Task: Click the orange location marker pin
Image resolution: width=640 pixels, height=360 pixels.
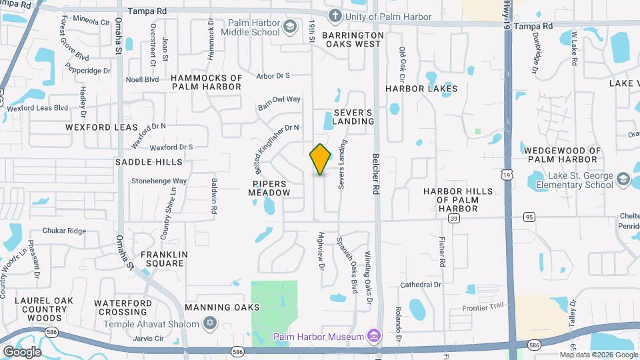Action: point(320,159)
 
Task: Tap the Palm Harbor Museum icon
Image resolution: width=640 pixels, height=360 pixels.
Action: point(373,335)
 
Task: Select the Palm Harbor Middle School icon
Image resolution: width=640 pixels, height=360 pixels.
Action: point(289,27)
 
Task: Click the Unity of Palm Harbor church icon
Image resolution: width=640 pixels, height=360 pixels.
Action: point(336,15)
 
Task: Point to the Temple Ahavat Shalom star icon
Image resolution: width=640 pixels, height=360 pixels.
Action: point(211,324)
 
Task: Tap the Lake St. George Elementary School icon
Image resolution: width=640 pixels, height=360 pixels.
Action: point(623,179)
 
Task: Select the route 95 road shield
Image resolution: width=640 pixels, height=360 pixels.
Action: point(529,217)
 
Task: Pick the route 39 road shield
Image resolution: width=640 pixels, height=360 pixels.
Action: point(454,217)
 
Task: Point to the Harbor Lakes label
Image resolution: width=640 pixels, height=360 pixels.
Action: point(421,88)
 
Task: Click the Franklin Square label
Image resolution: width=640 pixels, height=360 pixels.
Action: point(162,259)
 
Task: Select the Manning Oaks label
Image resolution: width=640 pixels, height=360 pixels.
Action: point(223,307)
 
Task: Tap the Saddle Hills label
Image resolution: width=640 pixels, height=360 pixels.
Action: point(149,162)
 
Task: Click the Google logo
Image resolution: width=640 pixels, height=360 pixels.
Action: point(22,351)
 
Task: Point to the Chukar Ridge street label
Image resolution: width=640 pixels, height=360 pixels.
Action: point(64,231)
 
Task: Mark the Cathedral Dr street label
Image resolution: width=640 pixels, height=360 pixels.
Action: point(421,285)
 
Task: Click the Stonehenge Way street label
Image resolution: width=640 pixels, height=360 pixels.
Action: point(159,181)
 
